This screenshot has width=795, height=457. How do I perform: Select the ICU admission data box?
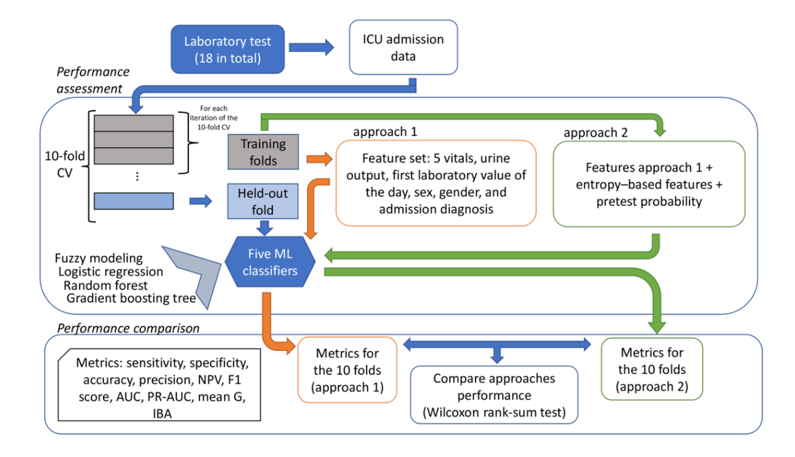[x=403, y=47]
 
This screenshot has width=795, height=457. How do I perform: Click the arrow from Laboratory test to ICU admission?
[x=312, y=47]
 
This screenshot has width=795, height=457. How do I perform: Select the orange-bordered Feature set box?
[x=435, y=183]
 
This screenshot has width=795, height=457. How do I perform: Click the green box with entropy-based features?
[x=648, y=183]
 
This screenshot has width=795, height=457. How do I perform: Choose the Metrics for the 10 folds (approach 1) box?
[x=347, y=370]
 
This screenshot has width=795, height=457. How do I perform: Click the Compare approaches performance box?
[x=494, y=395]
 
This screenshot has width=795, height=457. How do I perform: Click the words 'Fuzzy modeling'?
[x=98, y=257]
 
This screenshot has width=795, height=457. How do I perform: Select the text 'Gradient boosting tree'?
[x=130, y=298]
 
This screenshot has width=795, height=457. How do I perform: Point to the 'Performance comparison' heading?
[x=128, y=327]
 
